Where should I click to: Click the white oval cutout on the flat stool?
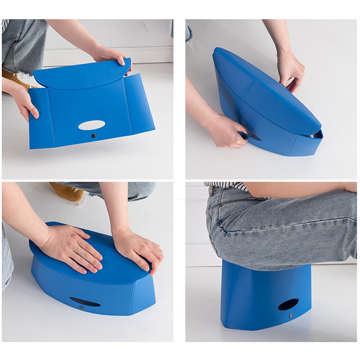[92, 125]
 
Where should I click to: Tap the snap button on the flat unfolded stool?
[94, 136]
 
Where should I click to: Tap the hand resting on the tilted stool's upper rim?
[290, 70]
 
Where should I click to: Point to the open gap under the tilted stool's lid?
[315, 135]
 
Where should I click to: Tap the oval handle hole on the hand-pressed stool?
[85, 302]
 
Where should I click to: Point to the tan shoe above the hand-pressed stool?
[70, 193]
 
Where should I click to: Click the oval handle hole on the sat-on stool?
[288, 304]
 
